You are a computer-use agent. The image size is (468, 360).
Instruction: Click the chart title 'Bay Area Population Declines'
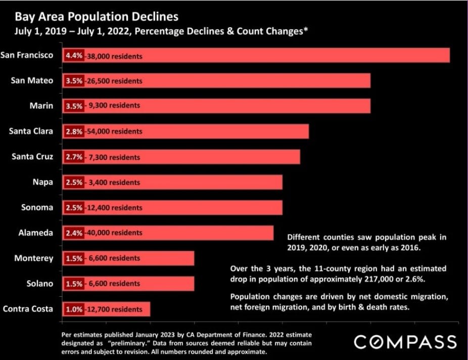(97, 17)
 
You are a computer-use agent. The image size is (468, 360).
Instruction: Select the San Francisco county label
(27, 55)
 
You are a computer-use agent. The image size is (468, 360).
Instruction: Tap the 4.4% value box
(73, 56)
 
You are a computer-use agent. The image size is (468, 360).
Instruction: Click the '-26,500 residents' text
(113, 81)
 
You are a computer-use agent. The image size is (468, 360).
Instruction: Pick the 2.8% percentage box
(73, 131)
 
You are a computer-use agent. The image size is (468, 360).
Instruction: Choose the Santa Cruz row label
(32, 156)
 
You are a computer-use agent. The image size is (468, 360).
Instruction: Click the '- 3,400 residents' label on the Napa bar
(112, 183)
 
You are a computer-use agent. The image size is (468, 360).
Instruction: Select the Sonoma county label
(37, 207)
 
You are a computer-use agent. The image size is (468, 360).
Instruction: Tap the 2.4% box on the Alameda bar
(73, 233)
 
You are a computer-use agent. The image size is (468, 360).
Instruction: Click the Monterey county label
(34, 258)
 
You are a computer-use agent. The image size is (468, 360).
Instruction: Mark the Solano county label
(40, 283)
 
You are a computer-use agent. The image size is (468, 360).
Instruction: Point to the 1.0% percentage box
(73, 309)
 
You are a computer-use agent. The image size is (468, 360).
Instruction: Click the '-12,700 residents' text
(113, 309)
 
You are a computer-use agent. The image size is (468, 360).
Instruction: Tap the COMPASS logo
(405, 341)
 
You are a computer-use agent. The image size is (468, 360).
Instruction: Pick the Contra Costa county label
(28, 308)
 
